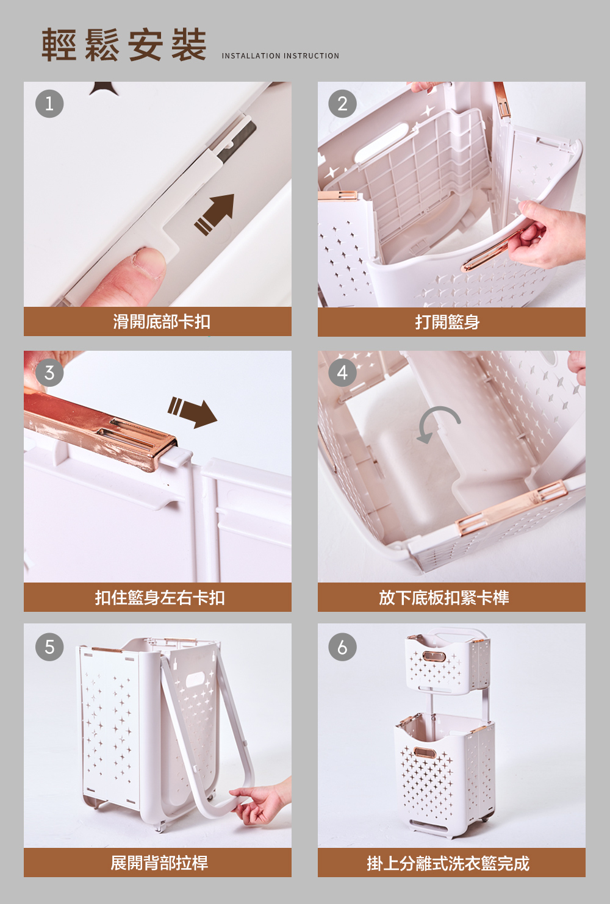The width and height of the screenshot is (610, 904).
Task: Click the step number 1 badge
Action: click(49, 104)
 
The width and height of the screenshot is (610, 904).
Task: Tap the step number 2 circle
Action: click(342, 104)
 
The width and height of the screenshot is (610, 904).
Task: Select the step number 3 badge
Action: click(49, 373)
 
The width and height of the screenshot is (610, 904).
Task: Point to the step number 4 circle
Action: click(342, 373)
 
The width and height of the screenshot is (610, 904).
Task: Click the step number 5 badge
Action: click(49, 647)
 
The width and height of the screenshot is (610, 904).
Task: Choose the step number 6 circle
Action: click(342, 647)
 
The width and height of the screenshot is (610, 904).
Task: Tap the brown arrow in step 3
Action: click(193, 412)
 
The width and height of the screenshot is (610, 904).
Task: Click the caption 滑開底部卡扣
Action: click(162, 321)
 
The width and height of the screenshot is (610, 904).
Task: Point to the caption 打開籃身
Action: click(447, 322)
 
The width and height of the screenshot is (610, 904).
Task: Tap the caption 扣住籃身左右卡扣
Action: click(160, 598)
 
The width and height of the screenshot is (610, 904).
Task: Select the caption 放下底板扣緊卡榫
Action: click(444, 598)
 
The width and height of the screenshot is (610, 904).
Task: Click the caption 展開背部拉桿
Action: click(159, 863)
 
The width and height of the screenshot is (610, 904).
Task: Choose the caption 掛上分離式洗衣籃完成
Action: click(448, 863)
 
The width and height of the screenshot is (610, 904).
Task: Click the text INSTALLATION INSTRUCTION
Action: click(281, 56)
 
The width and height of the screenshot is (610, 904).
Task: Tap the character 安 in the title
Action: click(146, 45)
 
